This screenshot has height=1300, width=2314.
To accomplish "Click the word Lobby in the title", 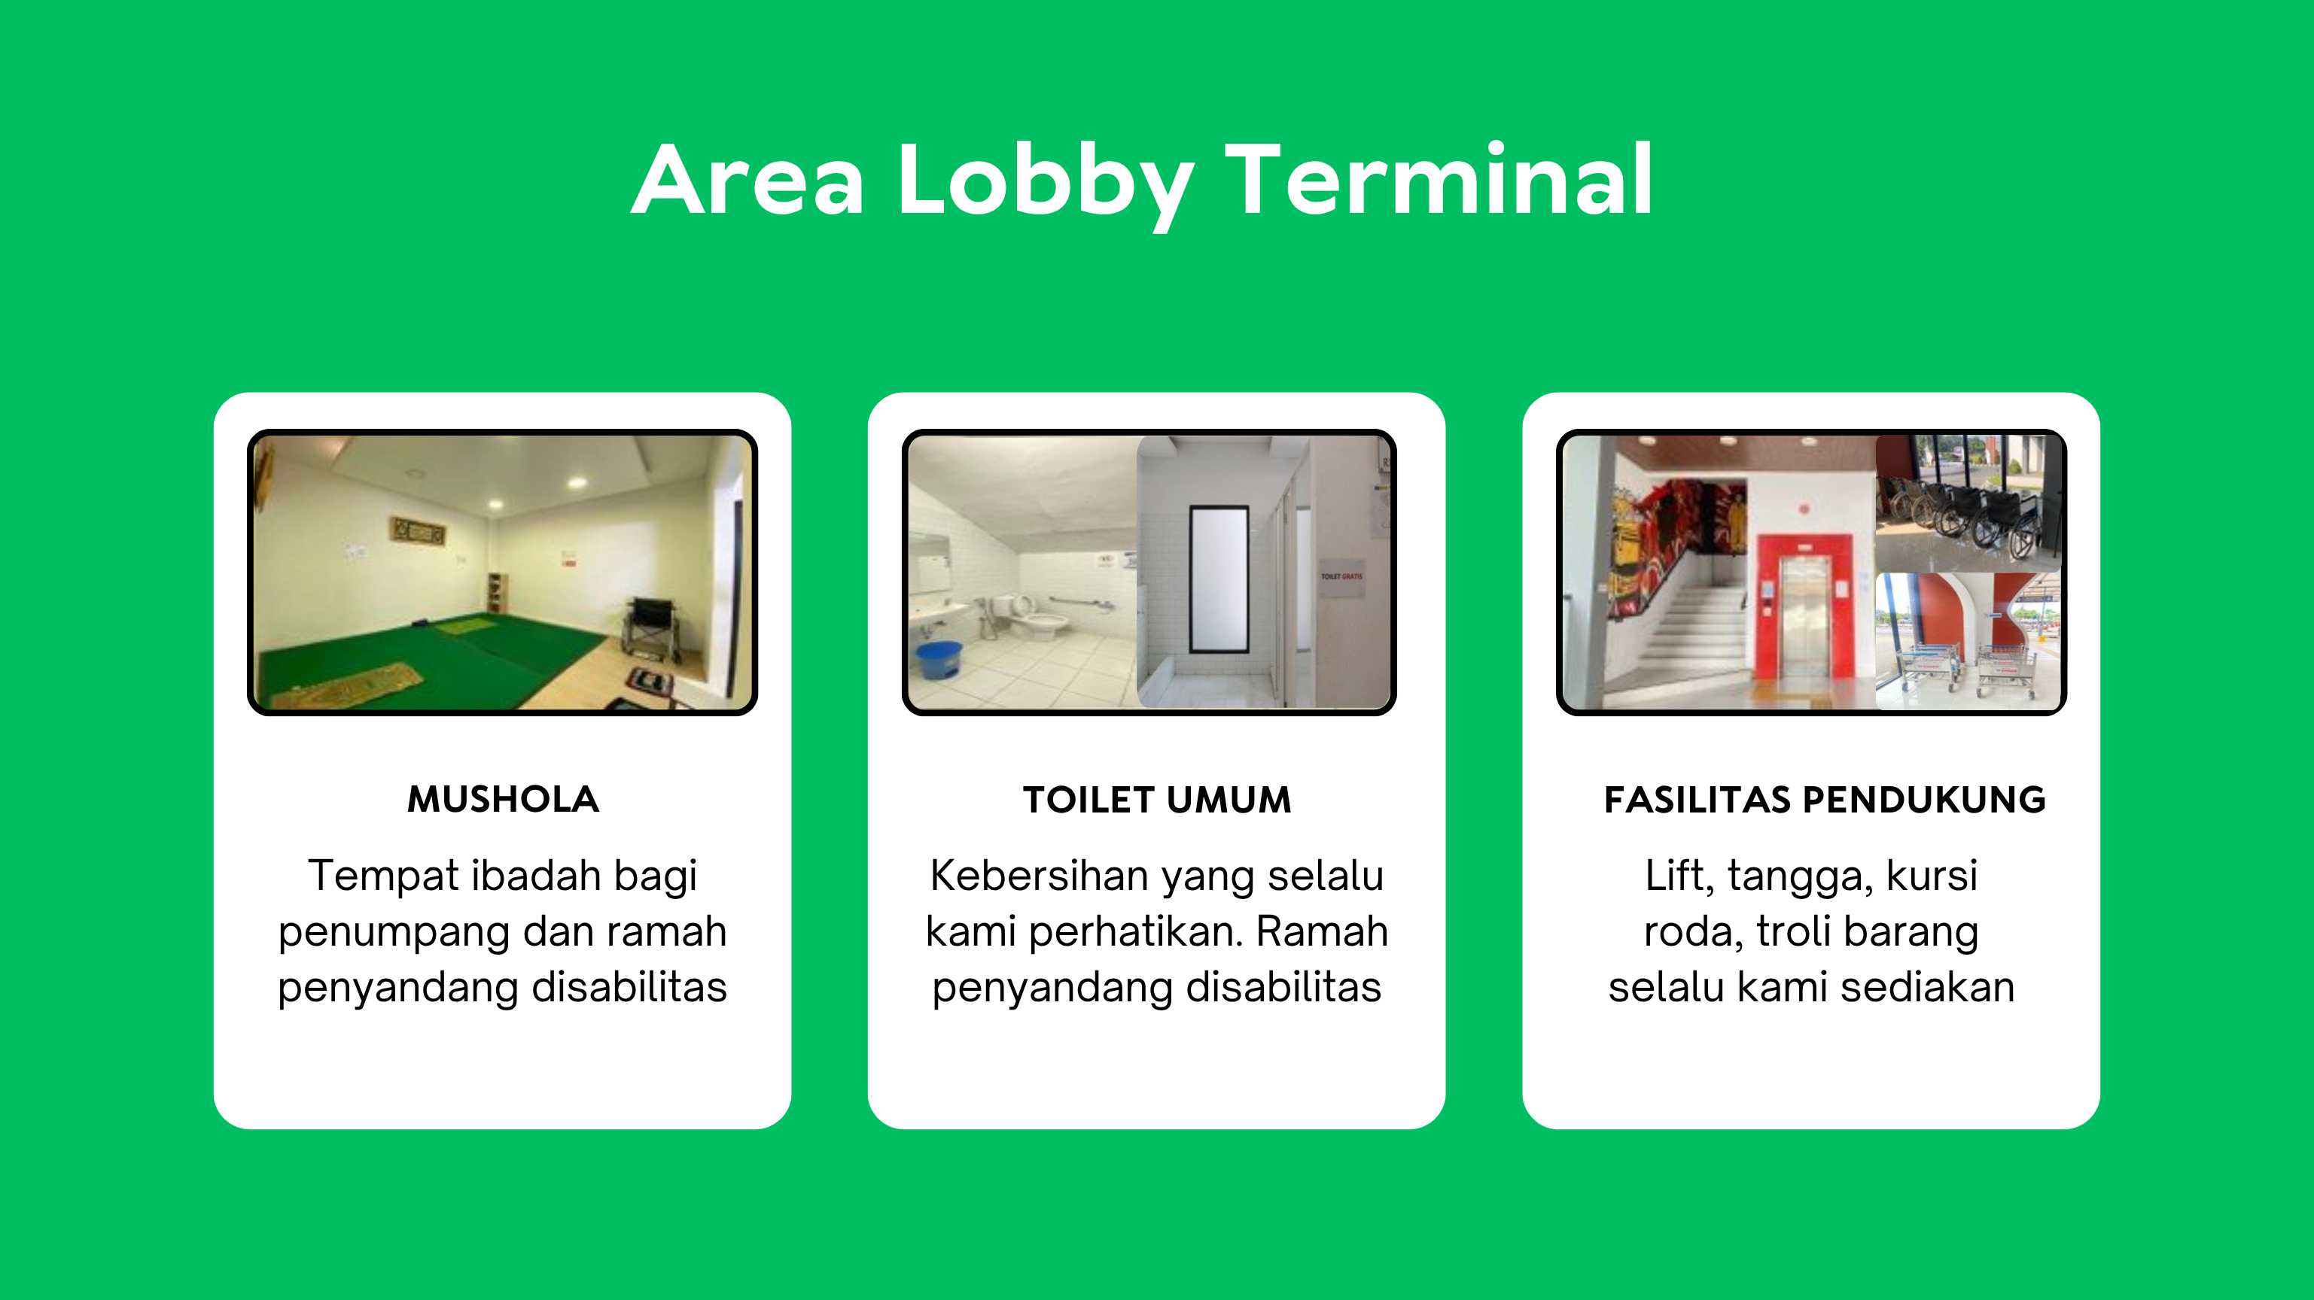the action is coord(1046,185).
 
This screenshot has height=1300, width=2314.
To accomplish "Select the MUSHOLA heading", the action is coord(503,799).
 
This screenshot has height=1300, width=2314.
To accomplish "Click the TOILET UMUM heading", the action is coord(1157,799).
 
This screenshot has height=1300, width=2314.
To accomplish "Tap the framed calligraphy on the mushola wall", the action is coord(417,530).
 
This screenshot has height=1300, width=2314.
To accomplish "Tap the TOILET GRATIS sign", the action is coord(1341,576).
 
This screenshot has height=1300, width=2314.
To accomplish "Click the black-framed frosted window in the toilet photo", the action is coord(1219,579).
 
